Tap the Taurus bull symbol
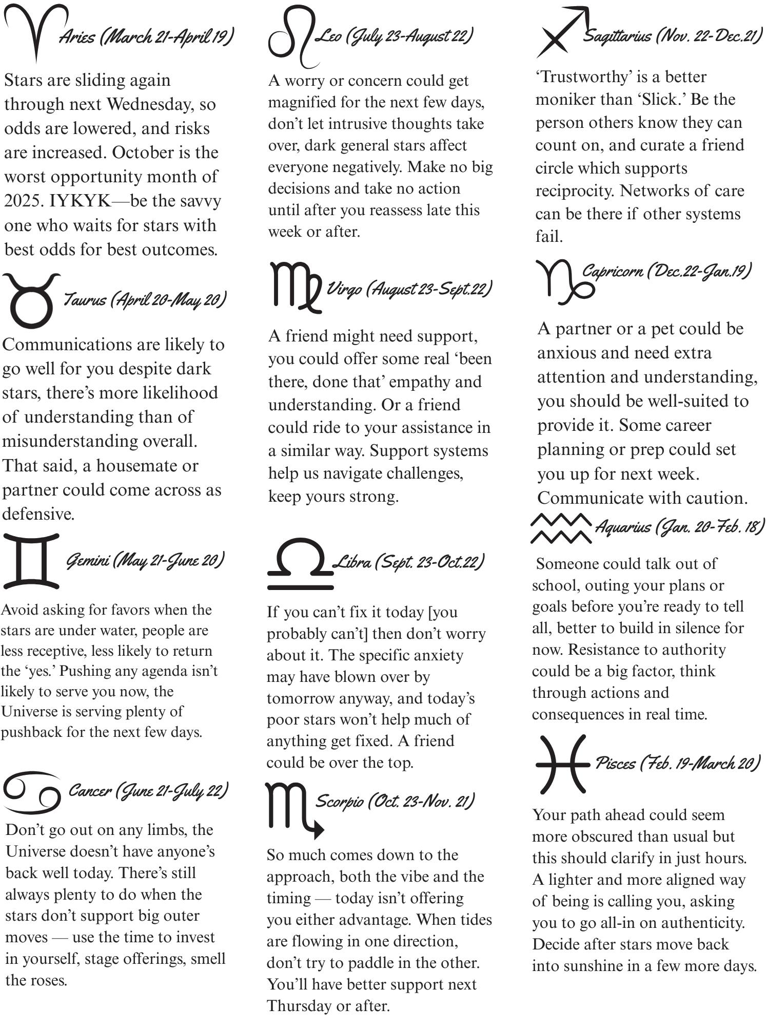tap(31, 301)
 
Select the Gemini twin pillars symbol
tap(31, 561)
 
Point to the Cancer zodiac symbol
tap(32, 792)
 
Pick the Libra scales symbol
tap(300, 563)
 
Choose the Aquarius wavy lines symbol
tap(560, 528)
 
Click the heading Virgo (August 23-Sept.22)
tap(409, 289)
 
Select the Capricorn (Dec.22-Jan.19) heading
tap(666, 271)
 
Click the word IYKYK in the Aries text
tap(80, 201)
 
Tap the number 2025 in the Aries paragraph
tap(24, 201)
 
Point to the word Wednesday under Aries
tap(149, 104)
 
